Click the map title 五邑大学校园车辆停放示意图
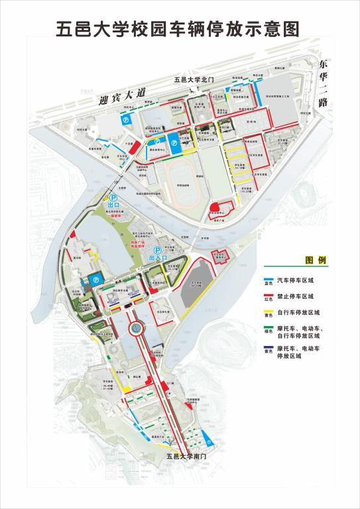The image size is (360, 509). point(180,28)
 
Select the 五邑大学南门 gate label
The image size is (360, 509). point(188,456)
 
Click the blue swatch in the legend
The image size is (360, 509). point(270,279)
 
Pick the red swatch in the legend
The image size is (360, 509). point(270,295)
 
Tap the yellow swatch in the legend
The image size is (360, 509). point(270,312)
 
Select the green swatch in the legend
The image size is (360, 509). point(270,329)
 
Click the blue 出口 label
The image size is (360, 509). point(113,205)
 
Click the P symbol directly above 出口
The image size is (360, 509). point(113,197)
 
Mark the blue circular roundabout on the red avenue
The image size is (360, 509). point(135,327)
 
